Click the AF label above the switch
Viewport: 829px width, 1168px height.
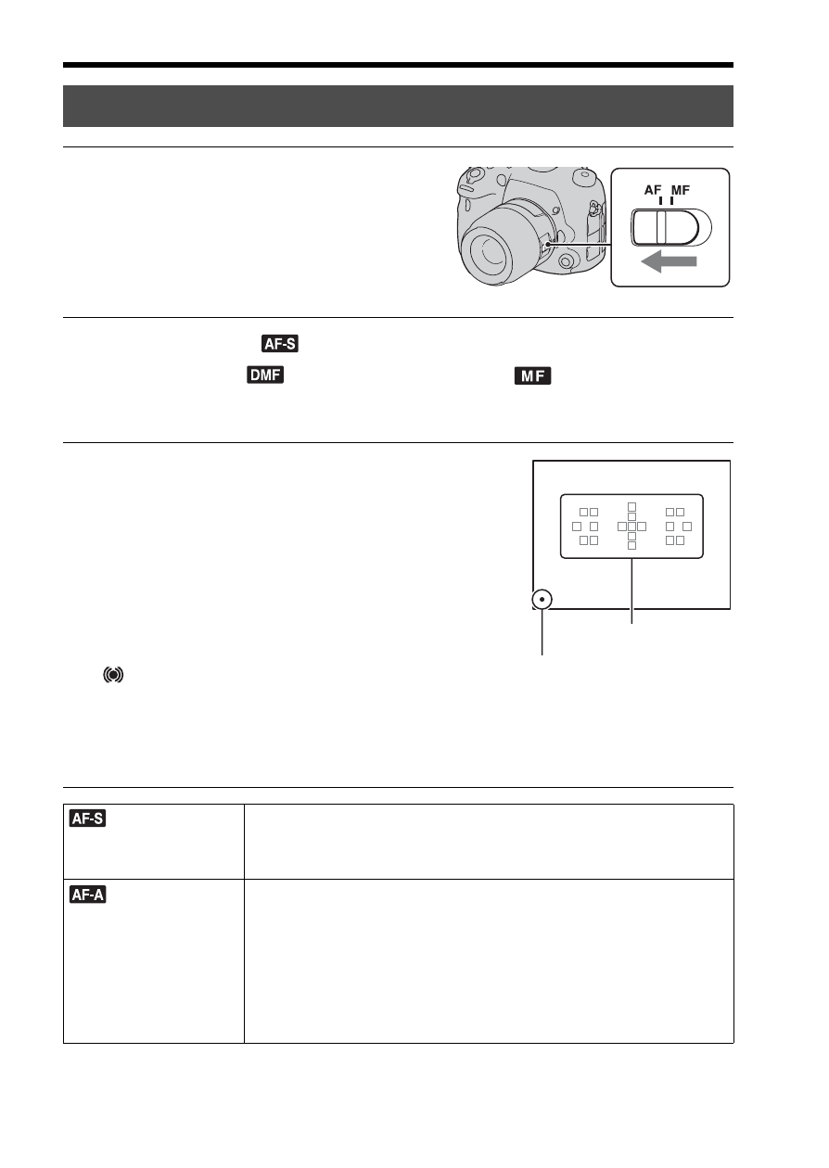[653, 190]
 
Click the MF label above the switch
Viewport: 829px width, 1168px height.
[681, 190]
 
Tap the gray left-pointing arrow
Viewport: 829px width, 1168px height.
[669, 261]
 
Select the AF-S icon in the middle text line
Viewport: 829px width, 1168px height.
[280, 344]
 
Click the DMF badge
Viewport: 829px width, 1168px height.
[265, 375]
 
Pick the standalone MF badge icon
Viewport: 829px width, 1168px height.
[532, 375]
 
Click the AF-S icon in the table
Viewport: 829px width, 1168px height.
[88, 819]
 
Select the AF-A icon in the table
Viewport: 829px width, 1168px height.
[88, 895]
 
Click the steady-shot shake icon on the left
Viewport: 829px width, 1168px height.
[113, 675]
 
